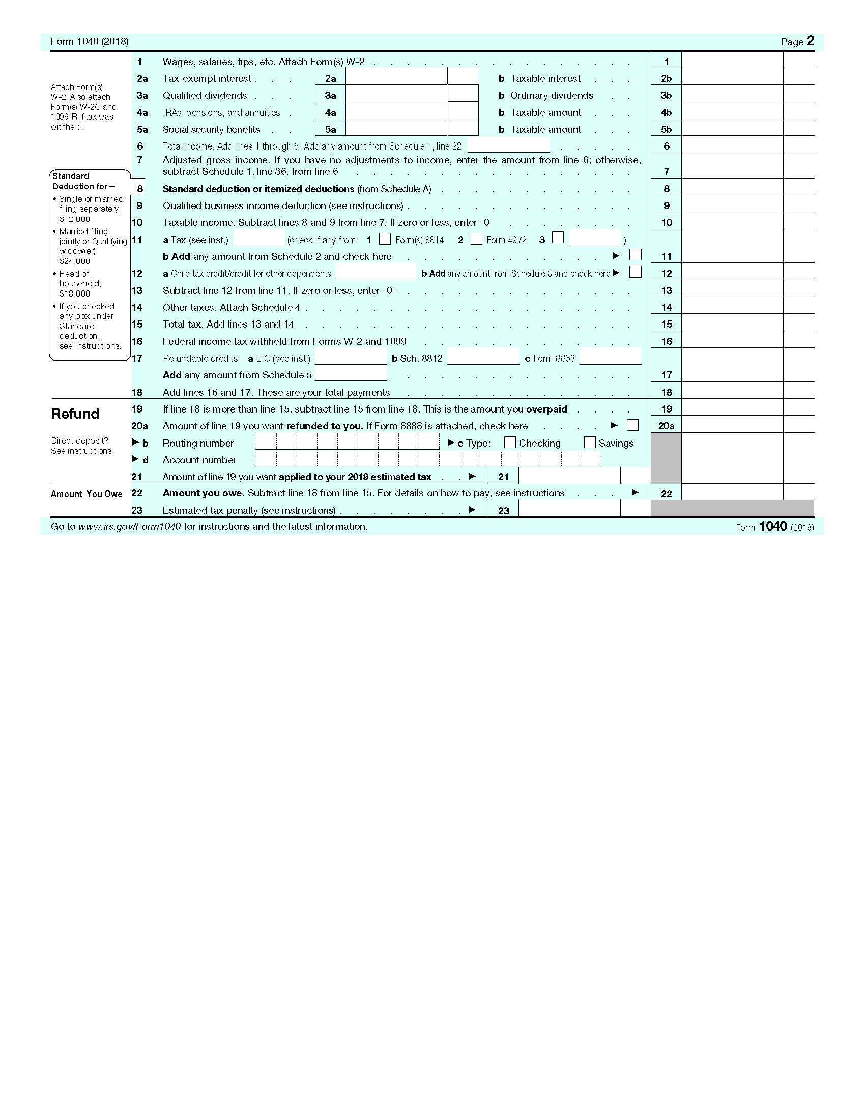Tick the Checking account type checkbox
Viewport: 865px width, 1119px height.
point(509,442)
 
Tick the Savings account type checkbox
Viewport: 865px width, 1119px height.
point(590,442)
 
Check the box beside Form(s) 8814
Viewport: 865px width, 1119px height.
point(385,239)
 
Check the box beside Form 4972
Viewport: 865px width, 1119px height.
point(476,239)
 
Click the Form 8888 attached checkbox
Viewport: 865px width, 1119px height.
point(633,425)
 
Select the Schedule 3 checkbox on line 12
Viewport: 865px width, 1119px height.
point(636,272)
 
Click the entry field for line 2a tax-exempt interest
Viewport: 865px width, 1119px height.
point(396,77)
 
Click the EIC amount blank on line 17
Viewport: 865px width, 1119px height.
point(351,357)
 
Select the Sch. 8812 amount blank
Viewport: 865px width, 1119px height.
point(483,357)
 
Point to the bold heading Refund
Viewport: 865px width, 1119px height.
point(75,414)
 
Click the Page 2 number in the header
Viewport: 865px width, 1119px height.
point(810,41)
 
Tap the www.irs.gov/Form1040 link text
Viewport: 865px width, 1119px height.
point(129,527)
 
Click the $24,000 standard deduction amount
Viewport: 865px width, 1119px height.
point(75,261)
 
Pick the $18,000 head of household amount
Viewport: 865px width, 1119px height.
point(75,293)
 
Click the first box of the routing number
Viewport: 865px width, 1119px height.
point(266,441)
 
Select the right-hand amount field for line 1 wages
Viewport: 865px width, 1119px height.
point(732,61)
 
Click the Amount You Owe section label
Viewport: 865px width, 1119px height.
point(86,494)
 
